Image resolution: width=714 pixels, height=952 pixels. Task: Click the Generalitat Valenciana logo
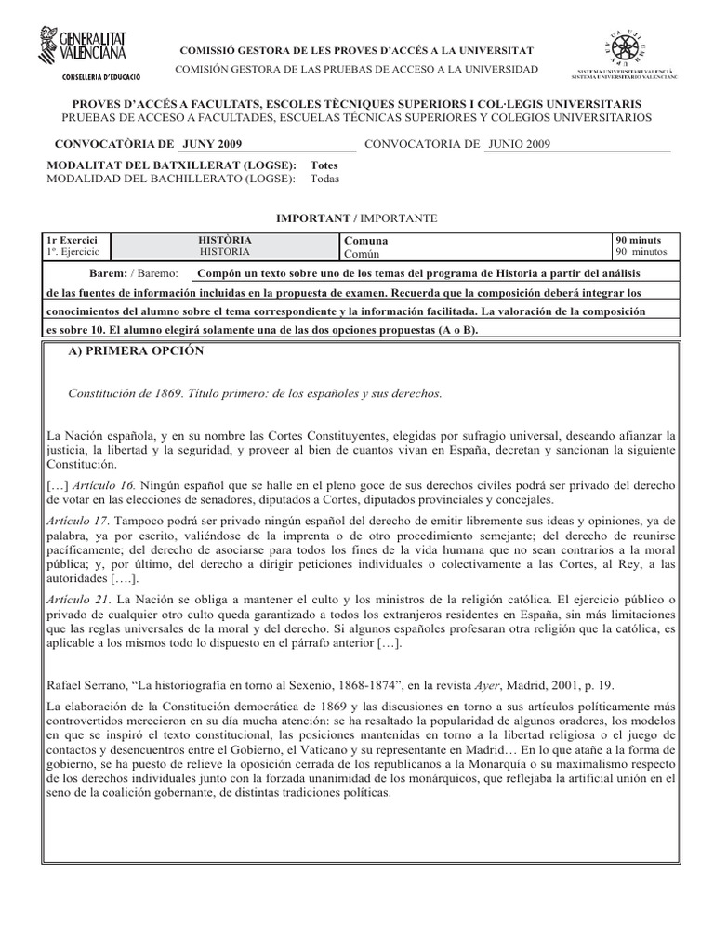[85, 46]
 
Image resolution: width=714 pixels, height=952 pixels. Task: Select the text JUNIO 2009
[519, 145]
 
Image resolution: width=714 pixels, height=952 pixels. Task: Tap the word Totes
[324, 165]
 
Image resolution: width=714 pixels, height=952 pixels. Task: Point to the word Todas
[325, 178]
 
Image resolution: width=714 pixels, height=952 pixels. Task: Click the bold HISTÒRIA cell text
[225, 240]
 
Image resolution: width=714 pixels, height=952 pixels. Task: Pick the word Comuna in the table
[366, 240]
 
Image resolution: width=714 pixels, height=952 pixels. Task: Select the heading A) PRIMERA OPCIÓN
[137, 351]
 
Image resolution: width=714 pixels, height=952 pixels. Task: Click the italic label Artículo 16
[108, 485]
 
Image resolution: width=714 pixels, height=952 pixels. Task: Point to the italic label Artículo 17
[74, 521]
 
